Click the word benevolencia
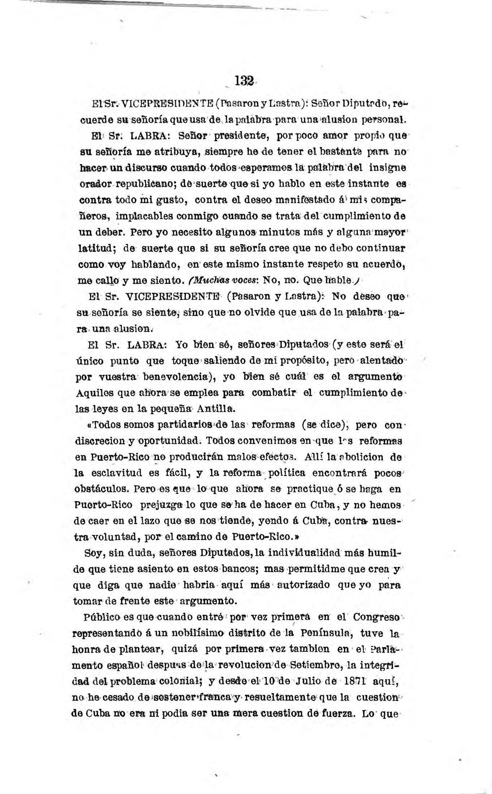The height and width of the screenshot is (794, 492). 175,377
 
